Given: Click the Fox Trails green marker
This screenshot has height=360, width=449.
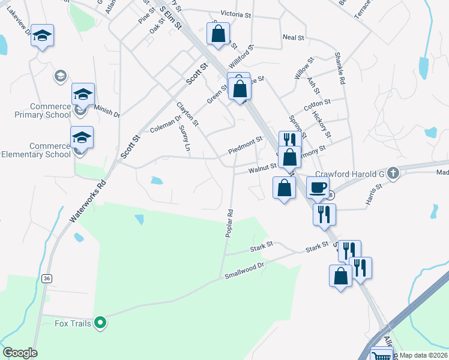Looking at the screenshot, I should pyautogui.click(x=101, y=324).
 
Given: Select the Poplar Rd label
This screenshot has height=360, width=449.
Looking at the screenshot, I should pyautogui.click(x=229, y=223).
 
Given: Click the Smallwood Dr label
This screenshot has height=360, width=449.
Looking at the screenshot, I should pyautogui.click(x=244, y=271).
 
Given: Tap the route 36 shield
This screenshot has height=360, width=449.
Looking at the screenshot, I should pyautogui.click(x=46, y=278).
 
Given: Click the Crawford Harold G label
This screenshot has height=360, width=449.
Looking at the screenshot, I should pyautogui.click(x=354, y=174).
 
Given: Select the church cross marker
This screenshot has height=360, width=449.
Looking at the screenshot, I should pyautogui.click(x=393, y=173).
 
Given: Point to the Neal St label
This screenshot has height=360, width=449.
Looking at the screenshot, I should pyautogui.click(x=294, y=37).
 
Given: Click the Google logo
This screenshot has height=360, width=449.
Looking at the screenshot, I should pyautogui.click(x=20, y=353).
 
